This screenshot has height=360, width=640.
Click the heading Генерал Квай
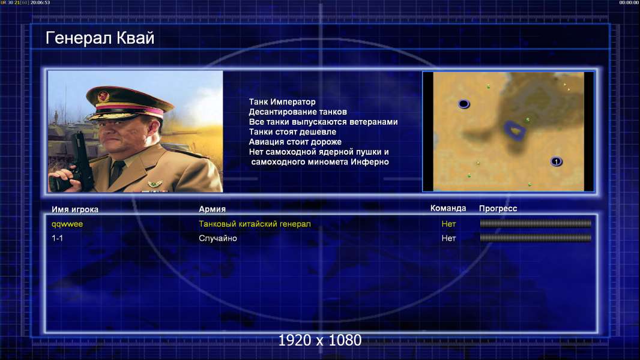coord(100,38)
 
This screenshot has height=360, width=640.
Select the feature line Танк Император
coord(282,102)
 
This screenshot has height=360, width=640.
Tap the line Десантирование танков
coord(298,112)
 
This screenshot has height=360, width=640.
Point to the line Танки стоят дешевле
coord(292,131)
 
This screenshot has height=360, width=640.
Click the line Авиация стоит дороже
coord(295,142)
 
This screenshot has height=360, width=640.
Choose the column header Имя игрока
coord(74,209)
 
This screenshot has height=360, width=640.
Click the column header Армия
coord(213,209)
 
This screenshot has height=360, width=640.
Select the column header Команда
coord(448,208)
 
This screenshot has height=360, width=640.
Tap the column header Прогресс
coord(498,209)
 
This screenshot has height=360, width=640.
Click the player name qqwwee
coord(67,224)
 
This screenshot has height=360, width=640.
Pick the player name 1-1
coord(57,238)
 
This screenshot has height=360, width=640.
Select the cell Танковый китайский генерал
coord(255,224)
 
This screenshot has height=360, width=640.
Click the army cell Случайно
coord(217,238)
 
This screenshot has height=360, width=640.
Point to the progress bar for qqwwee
coord(536,223)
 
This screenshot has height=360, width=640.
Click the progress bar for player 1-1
coord(536,238)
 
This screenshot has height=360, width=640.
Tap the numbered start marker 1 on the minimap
coord(556,162)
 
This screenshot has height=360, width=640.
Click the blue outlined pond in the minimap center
coord(515,131)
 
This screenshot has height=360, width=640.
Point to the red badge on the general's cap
coord(103,97)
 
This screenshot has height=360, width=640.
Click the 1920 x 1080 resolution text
coord(320,340)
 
